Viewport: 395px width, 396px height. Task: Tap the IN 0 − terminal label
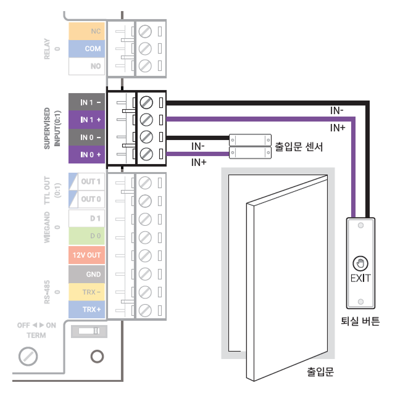click(x=86, y=136)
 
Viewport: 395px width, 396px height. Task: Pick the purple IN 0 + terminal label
click(x=86, y=154)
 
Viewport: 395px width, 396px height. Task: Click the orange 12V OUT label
click(x=86, y=255)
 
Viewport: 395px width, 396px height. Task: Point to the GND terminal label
click(x=86, y=273)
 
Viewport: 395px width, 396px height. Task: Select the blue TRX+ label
click(x=86, y=308)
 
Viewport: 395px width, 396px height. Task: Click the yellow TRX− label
click(x=86, y=291)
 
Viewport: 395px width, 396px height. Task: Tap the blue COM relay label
click(x=86, y=47)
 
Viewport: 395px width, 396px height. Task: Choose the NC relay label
click(x=86, y=30)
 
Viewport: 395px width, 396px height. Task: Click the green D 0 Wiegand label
click(x=86, y=236)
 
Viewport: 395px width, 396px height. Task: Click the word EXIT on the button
click(x=360, y=278)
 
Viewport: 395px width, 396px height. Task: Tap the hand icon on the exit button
click(x=360, y=262)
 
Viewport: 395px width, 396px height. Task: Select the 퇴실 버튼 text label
click(x=360, y=321)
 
